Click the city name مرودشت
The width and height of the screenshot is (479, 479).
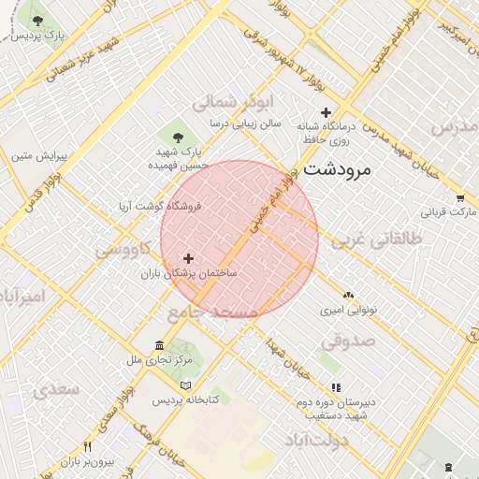[x=337, y=169]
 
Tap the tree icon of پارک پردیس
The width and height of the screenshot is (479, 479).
[x=37, y=20]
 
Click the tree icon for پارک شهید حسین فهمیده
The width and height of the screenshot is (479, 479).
[x=178, y=137]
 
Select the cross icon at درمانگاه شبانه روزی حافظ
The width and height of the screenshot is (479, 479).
[x=326, y=113]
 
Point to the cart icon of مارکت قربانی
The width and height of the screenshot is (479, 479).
[x=460, y=198]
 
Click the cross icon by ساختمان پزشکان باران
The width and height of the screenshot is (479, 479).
[x=189, y=258]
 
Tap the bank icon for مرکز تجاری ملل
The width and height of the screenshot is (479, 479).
[x=160, y=345]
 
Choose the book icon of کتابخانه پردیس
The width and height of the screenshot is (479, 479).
[x=185, y=385]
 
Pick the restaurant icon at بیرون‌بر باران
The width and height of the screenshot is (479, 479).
[x=88, y=446]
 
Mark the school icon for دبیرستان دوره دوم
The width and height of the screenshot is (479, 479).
[x=336, y=387]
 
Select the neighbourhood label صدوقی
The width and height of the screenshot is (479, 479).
[x=348, y=341]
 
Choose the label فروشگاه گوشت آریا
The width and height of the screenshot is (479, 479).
[x=160, y=205]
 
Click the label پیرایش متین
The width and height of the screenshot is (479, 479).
[x=36, y=156]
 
